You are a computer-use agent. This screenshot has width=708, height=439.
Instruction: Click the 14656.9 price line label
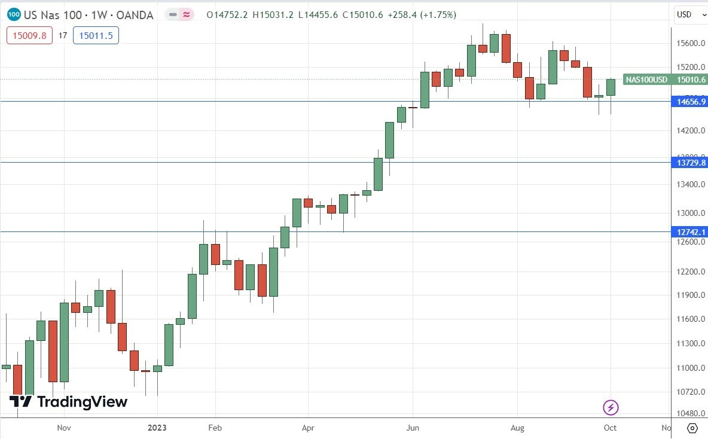pos(691,102)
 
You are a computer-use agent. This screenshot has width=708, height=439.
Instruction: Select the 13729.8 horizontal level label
pos(691,163)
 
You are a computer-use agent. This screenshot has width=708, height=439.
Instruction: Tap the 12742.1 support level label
pos(691,232)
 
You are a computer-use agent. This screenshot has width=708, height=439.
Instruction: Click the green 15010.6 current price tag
pos(691,80)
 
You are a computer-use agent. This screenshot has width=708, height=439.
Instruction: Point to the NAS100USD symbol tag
pos(646,80)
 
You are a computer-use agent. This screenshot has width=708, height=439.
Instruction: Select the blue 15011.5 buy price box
pos(96,35)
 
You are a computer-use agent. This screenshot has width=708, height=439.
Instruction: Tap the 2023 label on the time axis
pos(157,428)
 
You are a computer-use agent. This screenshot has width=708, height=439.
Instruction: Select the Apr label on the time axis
pos(308,428)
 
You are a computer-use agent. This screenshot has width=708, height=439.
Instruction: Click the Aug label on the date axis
pos(517,428)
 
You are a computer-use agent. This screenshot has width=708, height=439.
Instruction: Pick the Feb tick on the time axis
pos(215,428)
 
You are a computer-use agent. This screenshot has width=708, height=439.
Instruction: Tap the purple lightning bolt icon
pos(611,408)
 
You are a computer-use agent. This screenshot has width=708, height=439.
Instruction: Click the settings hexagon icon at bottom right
pos(692,428)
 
